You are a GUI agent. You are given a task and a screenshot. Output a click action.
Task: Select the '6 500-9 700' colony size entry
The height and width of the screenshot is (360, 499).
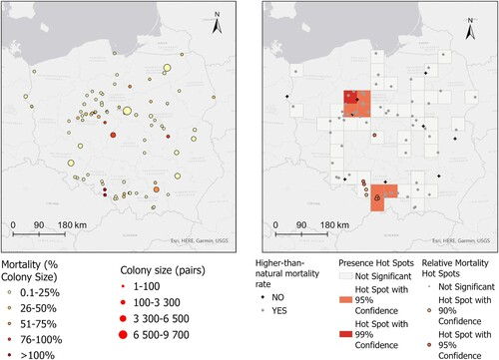click(171, 336)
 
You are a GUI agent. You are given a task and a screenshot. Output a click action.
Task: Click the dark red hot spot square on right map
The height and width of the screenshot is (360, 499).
click(352, 98)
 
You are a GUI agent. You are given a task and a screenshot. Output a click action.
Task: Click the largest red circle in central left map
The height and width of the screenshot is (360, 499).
click(128, 110)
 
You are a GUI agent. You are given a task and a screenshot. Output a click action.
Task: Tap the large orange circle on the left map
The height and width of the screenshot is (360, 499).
click(156, 188)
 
